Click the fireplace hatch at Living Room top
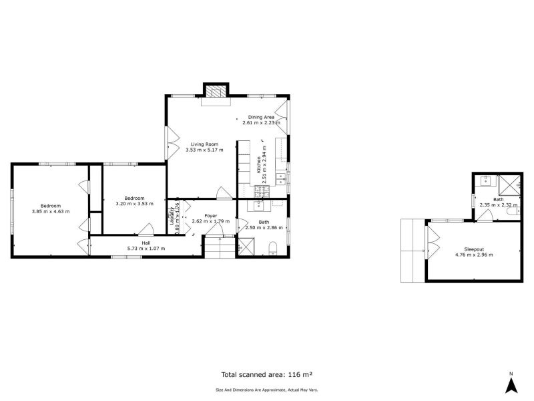[216, 92]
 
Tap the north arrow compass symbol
[511, 384]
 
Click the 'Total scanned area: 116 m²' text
[267, 375]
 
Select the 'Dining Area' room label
[261, 117]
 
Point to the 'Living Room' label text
[204, 144]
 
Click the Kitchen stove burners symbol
[261, 190]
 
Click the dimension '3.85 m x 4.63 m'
[50, 211]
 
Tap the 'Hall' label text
[146, 243]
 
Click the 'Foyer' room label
[210, 215]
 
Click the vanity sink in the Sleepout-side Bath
[485, 180]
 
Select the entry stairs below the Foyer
[220, 248]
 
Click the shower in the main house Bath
[246, 247]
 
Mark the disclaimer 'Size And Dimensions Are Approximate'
[267, 390]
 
